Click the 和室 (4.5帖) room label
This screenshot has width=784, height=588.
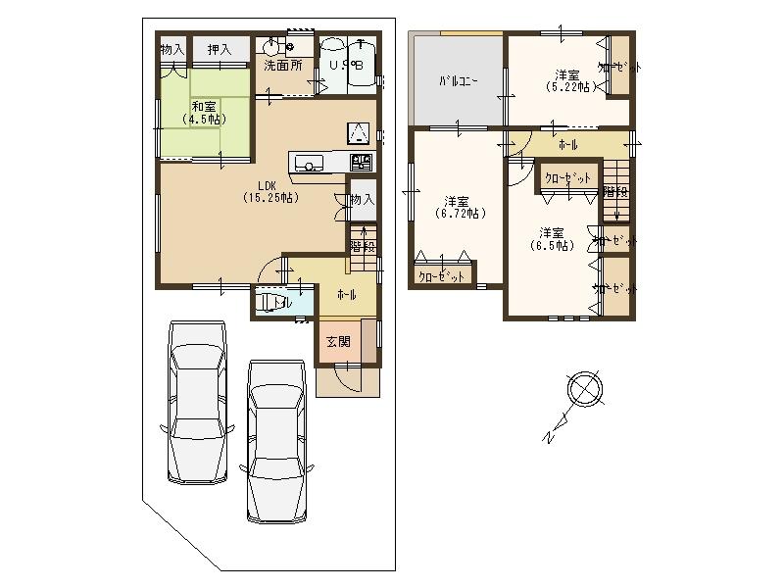click(204, 112)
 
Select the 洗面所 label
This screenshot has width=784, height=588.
click(282, 66)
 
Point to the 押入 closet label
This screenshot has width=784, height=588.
click(220, 48)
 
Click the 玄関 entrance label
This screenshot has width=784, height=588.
click(338, 342)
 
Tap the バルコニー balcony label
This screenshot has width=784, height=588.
click(458, 81)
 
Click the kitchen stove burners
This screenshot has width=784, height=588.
click(361, 161)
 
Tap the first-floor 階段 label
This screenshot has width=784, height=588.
click(363, 246)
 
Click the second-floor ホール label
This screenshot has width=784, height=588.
click(567, 145)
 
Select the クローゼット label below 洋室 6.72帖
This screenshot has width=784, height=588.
click(442, 276)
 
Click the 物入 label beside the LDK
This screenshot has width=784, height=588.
click(362, 200)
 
